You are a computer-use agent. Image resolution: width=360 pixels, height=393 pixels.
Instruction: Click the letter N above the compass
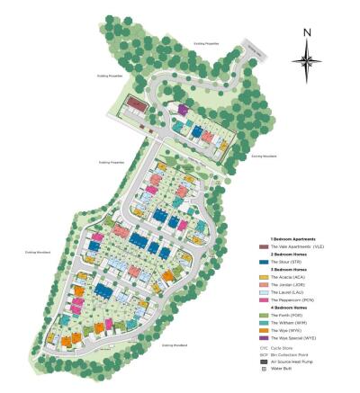(308, 32)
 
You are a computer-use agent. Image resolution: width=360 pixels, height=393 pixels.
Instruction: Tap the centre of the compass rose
(308, 61)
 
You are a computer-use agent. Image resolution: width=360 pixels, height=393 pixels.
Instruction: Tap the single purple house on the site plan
(183, 110)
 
